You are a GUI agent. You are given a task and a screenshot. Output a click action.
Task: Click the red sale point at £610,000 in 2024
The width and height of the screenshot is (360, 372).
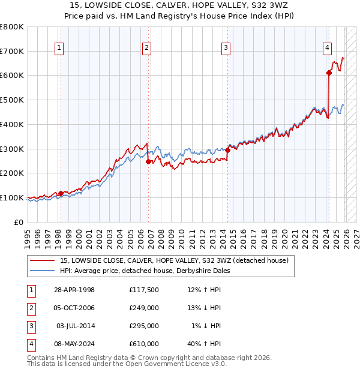point(329,73)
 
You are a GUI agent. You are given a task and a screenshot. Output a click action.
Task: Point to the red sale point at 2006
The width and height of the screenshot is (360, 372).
point(148,161)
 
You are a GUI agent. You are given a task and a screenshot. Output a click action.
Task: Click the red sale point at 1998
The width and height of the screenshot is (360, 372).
point(61,193)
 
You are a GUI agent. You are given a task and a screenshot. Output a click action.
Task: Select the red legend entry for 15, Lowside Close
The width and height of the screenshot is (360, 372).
point(174,260)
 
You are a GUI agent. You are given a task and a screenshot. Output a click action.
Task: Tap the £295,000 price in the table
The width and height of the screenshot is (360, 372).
point(144,326)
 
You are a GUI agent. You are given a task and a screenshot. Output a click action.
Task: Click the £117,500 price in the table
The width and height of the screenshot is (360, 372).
point(144,290)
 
